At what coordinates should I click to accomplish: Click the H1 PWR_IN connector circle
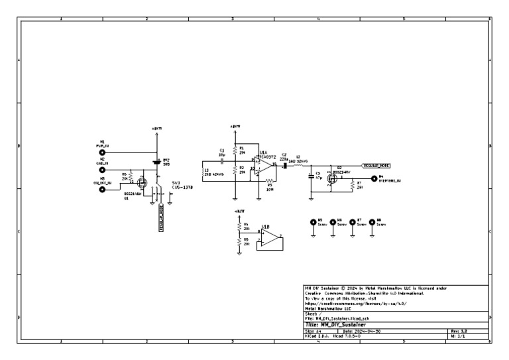102,152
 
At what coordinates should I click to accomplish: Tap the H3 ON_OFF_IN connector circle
102,189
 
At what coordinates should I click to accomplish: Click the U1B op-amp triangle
269,239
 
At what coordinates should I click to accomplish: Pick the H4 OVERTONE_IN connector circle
372,178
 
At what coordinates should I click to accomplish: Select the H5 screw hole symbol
313,224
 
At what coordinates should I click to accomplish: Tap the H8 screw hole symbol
371,224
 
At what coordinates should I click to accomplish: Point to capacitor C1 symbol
223,160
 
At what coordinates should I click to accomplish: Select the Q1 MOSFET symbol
141,180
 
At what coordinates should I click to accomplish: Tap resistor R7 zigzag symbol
351,186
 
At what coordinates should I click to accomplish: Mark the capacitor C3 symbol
310,176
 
